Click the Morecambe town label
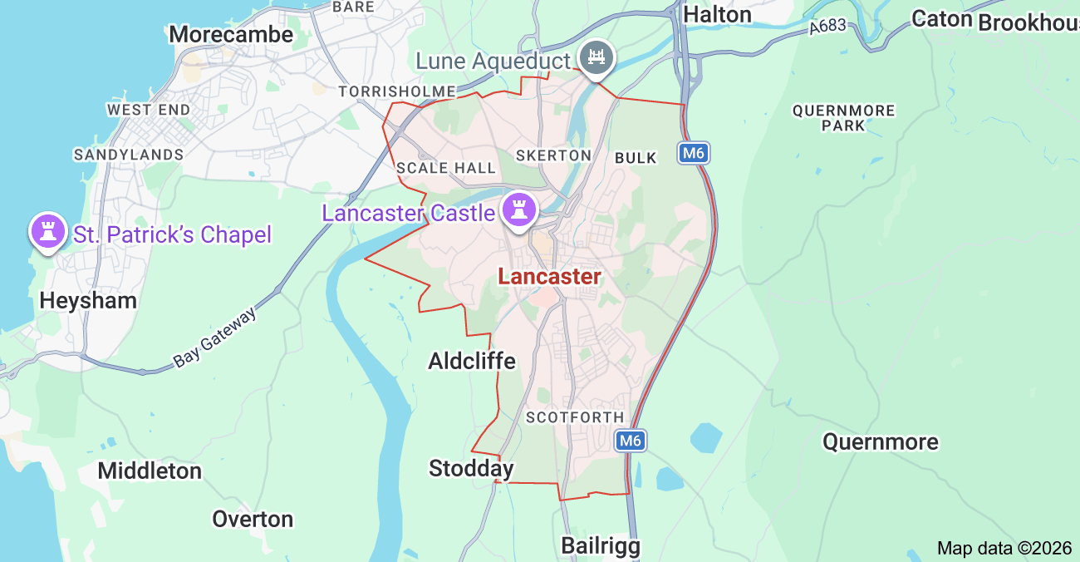coord(231,34)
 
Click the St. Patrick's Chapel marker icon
coord(48,230)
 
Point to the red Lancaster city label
coord(549,277)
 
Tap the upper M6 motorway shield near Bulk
coord(693,153)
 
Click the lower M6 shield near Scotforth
coord(631,441)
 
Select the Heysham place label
coord(88,300)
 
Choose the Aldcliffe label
coord(472,361)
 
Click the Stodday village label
coord(471,469)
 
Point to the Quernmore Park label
coord(843,118)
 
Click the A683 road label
coord(827,27)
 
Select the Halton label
coord(717,14)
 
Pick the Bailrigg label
coord(601,546)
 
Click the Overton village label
coord(253,519)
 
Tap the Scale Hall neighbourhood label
coord(446,168)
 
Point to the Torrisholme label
coord(397,91)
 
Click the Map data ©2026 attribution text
coord(1004,548)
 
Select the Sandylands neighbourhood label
coord(129,155)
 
